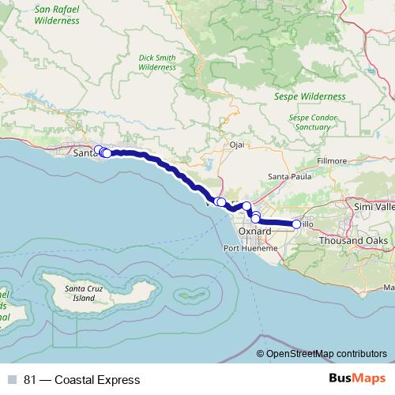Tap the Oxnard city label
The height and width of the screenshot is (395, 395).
tap(254, 231)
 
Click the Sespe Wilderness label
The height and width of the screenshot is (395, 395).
tap(310, 96)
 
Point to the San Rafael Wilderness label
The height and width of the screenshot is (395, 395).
tap(57, 15)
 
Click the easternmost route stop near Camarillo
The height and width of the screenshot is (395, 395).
tap(296, 224)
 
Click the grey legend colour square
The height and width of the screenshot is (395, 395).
tap(12, 380)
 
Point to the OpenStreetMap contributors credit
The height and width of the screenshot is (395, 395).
tap(327, 355)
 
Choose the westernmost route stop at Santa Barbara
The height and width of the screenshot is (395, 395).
tap(98, 150)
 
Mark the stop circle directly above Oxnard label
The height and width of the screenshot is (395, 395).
tap(255, 217)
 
